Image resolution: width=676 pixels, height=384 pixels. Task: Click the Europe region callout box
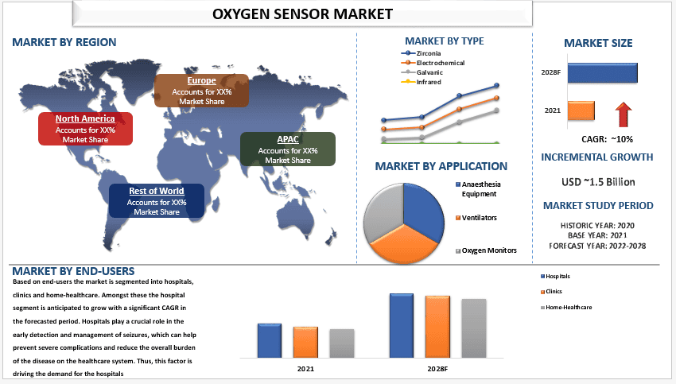point(201,91)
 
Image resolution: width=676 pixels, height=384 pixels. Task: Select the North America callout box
point(85,129)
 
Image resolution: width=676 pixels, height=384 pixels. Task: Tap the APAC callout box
point(288,149)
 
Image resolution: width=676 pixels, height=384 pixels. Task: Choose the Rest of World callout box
point(157,201)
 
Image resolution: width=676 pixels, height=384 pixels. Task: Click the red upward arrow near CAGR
point(624,114)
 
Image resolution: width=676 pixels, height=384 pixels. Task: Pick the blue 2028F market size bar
point(602,73)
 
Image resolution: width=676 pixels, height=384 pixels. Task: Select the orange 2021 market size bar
point(581,111)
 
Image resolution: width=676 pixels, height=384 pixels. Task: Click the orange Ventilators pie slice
point(403,244)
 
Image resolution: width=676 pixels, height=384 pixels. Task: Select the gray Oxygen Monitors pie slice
point(382,213)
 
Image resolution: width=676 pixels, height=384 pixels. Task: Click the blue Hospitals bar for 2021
point(270,340)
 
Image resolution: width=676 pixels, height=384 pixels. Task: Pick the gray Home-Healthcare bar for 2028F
point(474,328)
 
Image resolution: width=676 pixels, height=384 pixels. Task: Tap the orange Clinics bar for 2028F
point(437,327)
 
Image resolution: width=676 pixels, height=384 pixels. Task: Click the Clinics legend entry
point(551,292)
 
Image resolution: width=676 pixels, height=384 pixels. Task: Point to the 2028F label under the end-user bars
point(437,369)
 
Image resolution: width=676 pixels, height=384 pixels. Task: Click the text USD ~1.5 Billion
point(598,182)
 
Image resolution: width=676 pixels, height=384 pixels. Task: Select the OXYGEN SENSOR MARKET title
point(302,14)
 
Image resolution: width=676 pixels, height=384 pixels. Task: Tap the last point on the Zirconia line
point(496,85)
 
